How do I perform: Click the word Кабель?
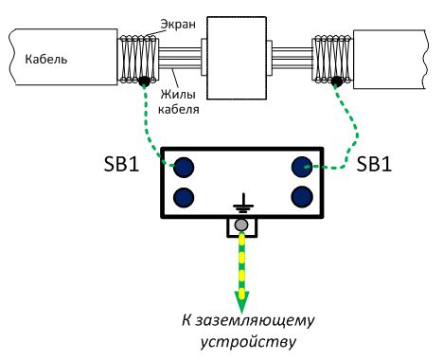tap(46, 59)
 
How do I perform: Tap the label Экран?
tap(178, 24)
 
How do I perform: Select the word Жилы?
tap(178, 94)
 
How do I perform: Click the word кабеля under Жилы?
tap(179, 109)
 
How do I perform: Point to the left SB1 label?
tap(121, 164)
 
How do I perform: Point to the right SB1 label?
tap(374, 164)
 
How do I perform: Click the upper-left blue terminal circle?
tap(184, 167)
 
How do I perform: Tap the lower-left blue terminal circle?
tap(184, 197)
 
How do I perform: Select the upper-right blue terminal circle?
tap(302, 167)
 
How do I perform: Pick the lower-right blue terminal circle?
tap(302, 197)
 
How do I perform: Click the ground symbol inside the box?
tap(243, 203)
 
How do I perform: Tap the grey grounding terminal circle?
tap(241, 225)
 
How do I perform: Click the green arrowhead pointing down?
tap(241, 301)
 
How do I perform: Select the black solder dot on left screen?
tap(144, 81)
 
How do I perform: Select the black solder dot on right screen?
tap(337, 81)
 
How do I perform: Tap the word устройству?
tap(249, 342)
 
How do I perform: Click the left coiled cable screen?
tap(138, 60)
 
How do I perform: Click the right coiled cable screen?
tap(332, 60)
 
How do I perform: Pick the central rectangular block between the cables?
tap(237, 58)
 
